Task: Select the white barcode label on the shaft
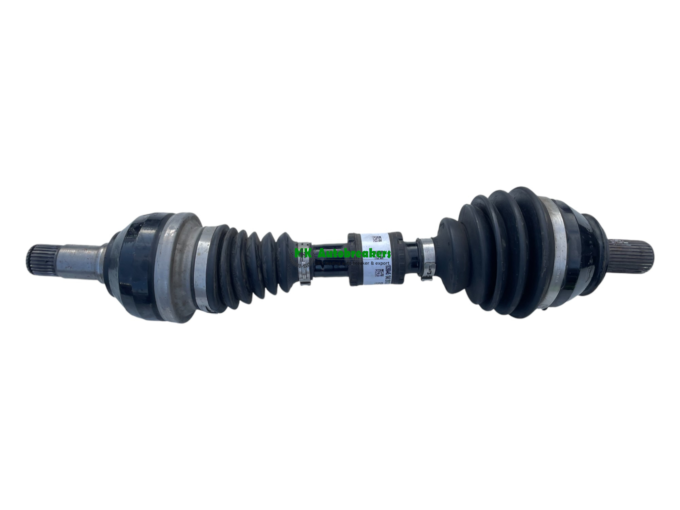[x=374, y=258]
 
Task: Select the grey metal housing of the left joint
[x=177, y=265]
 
